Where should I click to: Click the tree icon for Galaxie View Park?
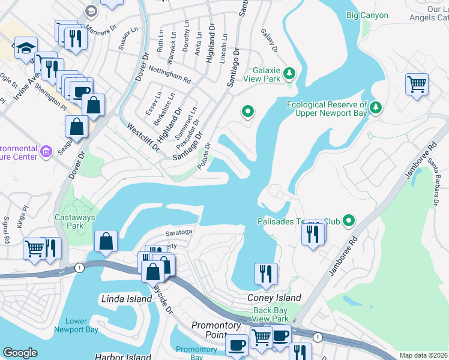point(289,73)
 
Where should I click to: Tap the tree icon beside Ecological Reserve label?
point(376,107)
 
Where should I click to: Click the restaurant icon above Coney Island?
point(265,274)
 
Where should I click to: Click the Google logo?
point(20,353)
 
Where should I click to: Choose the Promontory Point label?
point(216,325)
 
